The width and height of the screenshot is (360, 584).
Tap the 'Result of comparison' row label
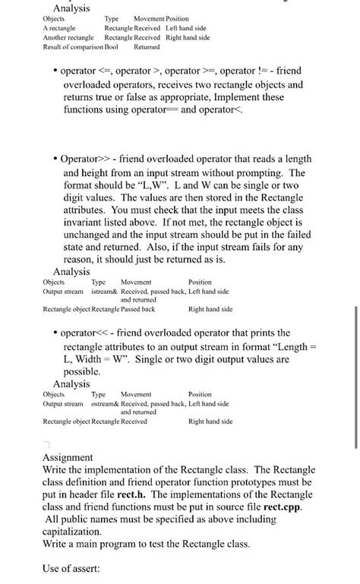pyautogui.click(x=72, y=47)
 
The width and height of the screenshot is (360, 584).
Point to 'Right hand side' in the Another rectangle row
pyautogui.click(x=188, y=37)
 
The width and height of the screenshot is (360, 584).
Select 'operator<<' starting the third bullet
pyautogui.click(x=86, y=333)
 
